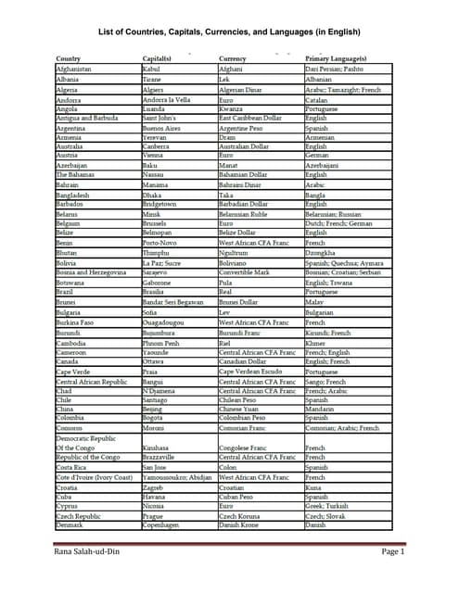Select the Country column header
pyautogui.click(x=69, y=60)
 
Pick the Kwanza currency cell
pyautogui.click(x=230, y=109)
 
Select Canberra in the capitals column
pyautogui.click(x=158, y=146)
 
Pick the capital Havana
pyautogui.click(x=155, y=497)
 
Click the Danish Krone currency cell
pyautogui.click(x=242, y=525)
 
